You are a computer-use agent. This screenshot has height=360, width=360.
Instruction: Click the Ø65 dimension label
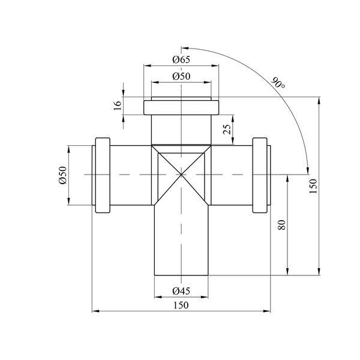[x=181, y=59]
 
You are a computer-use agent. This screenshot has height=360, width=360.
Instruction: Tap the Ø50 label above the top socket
[x=181, y=76]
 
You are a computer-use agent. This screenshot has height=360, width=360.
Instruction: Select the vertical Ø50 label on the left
[x=62, y=175]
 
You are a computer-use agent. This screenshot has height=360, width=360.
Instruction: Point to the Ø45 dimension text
[x=181, y=291]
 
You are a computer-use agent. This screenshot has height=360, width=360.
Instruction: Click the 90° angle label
[x=278, y=83]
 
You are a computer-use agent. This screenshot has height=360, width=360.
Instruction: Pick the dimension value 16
[x=118, y=106]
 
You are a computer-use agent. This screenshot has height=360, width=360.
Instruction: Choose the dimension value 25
[x=227, y=129]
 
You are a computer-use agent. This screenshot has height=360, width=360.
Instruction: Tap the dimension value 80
[x=281, y=225]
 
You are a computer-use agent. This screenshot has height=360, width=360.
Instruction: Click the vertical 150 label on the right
[x=313, y=186]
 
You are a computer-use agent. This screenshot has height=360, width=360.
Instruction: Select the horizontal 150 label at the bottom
[x=181, y=305]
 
